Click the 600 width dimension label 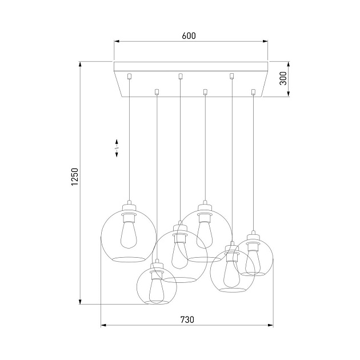(x=189, y=35)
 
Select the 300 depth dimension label (x=283, y=79)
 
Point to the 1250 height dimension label (x=74, y=181)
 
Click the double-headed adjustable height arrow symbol (x=117, y=147)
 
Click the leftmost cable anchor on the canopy (x=130, y=75)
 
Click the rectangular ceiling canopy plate (x=191, y=67)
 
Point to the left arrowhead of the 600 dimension (x=116, y=41)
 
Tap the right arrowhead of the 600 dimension (x=266, y=41)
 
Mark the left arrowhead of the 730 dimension (x=103, y=326)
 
